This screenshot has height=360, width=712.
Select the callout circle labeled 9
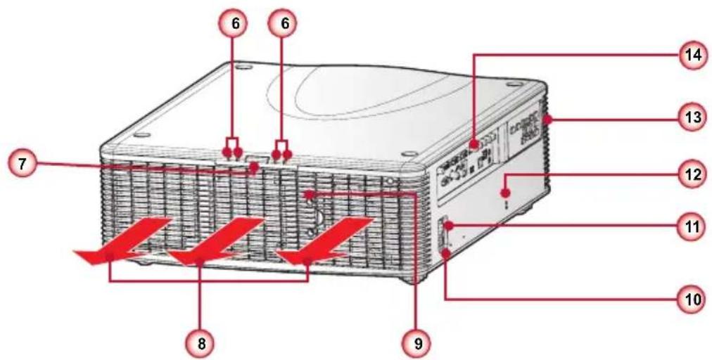point(418,343)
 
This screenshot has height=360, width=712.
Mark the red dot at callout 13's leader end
point(549,120)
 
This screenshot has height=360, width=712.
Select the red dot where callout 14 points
point(474,146)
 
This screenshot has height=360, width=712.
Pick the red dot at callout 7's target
point(254,168)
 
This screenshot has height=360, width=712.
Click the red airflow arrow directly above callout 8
point(216,240)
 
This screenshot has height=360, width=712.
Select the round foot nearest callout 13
point(514,84)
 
